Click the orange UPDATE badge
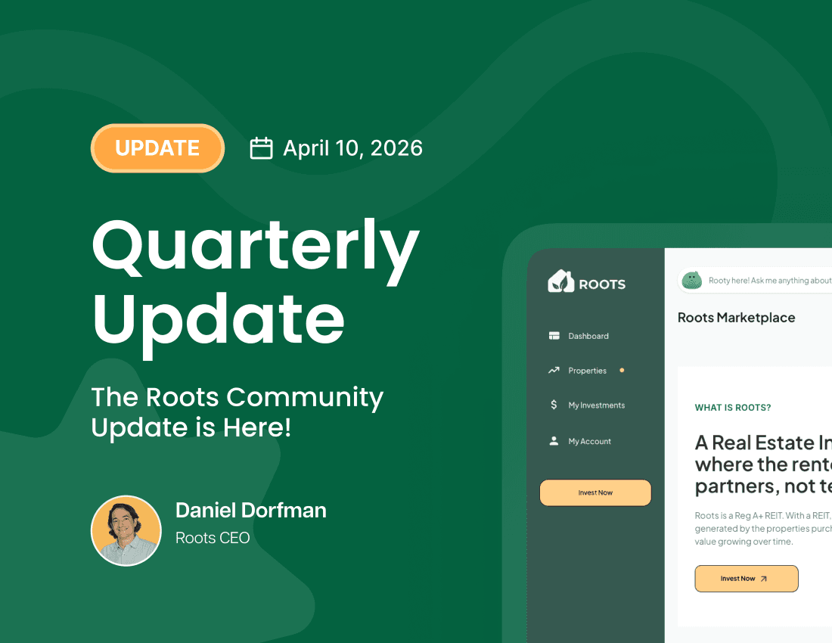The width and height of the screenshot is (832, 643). tap(157, 148)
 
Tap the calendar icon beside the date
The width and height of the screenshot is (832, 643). tap(261, 148)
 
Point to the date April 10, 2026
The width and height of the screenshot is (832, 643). tap(352, 148)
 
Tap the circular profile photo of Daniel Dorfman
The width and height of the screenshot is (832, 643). tap(126, 530)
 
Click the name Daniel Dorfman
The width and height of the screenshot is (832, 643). tap(251, 511)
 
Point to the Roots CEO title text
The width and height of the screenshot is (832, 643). tap(213, 538)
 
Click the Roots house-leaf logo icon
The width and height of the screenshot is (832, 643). tap(560, 281)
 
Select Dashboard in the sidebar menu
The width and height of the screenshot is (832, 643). tap(588, 336)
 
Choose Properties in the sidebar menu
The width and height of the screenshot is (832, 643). tap(588, 371)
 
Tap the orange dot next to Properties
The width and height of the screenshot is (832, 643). tap(622, 371)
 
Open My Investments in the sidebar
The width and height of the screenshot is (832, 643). tap(597, 405)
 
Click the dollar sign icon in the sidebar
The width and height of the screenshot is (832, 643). tap(554, 405)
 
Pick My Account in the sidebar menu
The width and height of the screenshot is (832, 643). tap(590, 441)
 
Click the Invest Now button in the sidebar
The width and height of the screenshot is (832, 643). tap(595, 492)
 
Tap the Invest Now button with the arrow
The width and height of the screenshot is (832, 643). tap(747, 579)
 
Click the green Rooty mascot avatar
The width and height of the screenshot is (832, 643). tap(691, 281)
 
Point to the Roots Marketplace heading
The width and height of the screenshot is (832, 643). tap(736, 318)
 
